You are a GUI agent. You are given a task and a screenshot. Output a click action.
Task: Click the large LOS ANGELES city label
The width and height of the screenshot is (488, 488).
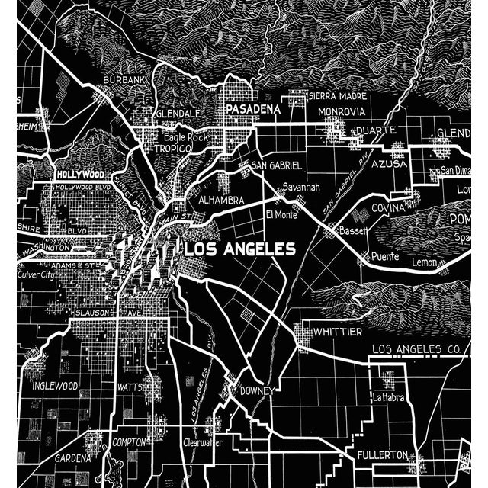(x=239, y=249)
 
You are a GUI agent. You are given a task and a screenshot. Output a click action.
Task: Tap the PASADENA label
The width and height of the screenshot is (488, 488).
(x=252, y=110)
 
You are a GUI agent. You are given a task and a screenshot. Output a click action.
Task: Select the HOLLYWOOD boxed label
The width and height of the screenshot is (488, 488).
(x=80, y=174)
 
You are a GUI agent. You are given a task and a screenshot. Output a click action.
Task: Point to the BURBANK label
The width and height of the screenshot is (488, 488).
(x=126, y=79)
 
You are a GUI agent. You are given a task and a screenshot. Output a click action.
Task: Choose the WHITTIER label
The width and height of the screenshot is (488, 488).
(x=338, y=332)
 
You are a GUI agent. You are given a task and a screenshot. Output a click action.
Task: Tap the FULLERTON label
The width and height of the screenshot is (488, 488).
(x=383, y=455)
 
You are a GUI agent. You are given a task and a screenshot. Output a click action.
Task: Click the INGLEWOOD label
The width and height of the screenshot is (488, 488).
(x=55, y=386)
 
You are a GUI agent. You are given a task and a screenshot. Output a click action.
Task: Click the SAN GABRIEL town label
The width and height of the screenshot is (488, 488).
(x=277, y=165)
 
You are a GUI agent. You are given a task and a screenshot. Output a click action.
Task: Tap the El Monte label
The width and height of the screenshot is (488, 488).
(x=281, y=215)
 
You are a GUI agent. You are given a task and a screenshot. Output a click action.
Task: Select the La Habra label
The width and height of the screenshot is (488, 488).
(x=387, y=397)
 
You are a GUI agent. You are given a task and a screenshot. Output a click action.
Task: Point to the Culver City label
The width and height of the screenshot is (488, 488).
(x=36, y=274)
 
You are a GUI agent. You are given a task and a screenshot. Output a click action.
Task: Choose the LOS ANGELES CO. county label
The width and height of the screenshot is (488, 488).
(x=416, y=349)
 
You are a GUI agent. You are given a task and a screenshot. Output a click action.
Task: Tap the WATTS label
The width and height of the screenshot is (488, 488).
(x=130, y=387)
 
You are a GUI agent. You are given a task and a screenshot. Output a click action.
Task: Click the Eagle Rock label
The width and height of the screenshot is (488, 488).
(x=185, y=137)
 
